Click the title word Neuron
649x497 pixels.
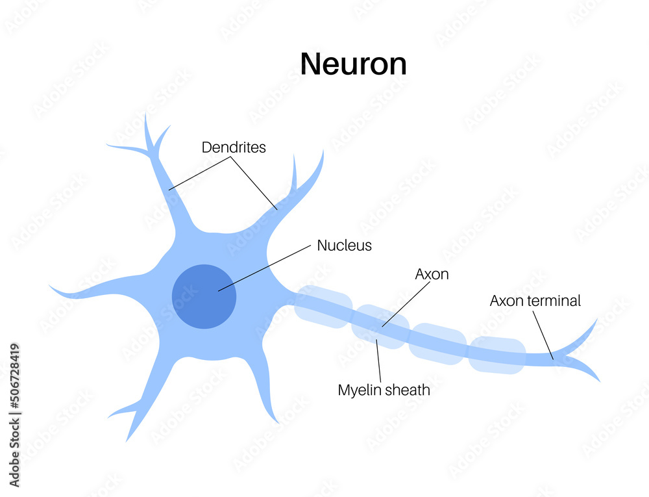coord(353,64)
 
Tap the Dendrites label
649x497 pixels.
coord(234,147)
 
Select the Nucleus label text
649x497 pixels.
coord(344,246)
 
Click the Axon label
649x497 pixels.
coord(432,274)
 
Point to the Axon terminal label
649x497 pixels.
coord(535,301)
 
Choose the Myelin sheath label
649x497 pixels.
coord(384,390)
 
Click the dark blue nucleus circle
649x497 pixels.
coord(204,296)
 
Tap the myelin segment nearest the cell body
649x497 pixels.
coord(323,304)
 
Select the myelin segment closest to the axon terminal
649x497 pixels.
coord(497,355)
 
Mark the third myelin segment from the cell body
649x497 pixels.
coord(437,343)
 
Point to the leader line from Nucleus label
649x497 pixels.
coord(266,267)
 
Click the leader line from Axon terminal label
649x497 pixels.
coord(543,335)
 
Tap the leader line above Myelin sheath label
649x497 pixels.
coord(378,360)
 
